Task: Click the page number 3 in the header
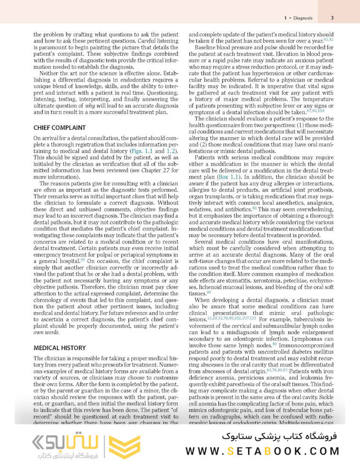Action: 332,18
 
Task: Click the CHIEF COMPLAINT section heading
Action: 60,128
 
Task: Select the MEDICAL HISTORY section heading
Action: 60,348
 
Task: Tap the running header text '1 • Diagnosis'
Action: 298,18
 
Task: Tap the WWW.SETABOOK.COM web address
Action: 262,451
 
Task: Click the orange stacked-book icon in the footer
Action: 124,446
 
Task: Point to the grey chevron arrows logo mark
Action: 41,441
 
